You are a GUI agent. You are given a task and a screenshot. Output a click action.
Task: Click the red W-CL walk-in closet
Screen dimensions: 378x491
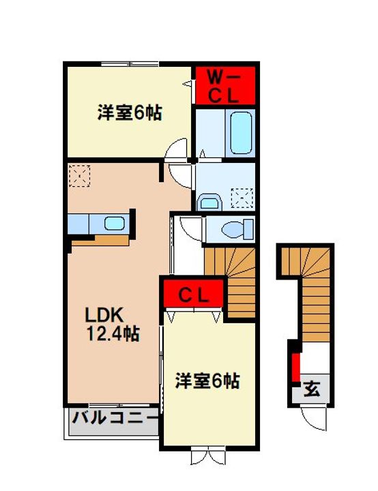[224, 85]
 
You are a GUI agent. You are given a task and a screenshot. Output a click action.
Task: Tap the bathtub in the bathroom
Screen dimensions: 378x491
[241, 133]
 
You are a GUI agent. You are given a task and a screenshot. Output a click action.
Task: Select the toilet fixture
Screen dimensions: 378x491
[237, 230]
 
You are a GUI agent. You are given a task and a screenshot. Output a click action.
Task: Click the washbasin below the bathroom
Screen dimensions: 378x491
[209, 203]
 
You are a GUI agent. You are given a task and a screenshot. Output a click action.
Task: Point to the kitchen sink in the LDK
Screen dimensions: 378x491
[115, 224]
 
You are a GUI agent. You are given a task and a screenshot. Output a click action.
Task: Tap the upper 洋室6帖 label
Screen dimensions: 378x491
[130, 113]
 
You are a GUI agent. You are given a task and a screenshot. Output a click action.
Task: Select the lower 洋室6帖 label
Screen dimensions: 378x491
[207, 381]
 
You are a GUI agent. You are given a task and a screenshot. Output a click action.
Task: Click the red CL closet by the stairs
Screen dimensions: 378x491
[193, 293]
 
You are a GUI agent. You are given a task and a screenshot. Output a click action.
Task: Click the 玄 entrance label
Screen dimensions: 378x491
[312, 390]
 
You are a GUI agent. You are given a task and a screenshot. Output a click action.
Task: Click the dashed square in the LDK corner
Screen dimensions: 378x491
[80, 176]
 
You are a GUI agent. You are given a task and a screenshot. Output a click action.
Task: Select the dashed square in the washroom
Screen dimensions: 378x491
[242, 198]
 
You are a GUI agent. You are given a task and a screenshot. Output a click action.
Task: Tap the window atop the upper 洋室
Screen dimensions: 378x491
[130, 64]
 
